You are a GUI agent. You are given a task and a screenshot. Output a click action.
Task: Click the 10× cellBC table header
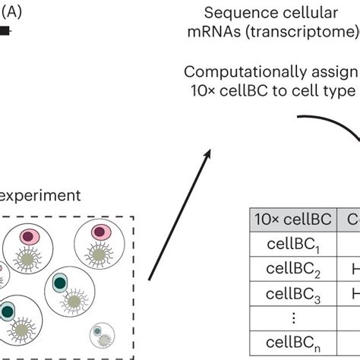click(x=292, y=220)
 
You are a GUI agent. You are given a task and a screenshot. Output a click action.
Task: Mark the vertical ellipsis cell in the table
click(x=292, y=319)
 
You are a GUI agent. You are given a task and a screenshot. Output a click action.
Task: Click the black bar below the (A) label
click(x=5, y=31)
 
